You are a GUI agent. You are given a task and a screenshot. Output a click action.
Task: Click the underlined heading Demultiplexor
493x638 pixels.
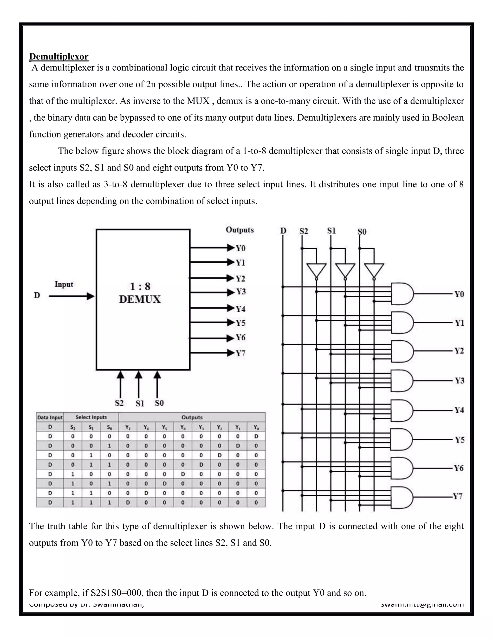click(x=59, y=56)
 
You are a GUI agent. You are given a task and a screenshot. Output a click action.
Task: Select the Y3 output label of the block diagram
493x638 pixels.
click(x=241, y=292)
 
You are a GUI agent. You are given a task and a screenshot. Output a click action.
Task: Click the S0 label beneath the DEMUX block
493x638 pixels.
click(x=159, y=403)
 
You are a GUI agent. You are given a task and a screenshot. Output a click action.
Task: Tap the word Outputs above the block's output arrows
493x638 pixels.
click(x=240, y=230)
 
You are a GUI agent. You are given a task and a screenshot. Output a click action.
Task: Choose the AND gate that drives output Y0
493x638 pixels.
click(x=402, y=293)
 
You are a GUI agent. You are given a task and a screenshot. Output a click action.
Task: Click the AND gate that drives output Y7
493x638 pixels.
click(x=402, y=497)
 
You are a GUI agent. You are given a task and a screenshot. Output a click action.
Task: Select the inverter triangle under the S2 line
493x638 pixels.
click(x=316, y=270)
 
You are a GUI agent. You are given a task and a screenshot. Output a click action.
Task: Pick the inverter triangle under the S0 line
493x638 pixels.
click(x=374, y=270)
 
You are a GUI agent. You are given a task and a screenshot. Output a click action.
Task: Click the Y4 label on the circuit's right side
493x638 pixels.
click(x=459, y=410)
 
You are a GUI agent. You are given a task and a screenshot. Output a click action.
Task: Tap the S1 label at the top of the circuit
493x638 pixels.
click(x=331, y=231)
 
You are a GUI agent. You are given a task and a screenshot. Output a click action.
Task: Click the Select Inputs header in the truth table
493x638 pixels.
click(x=91, y=417)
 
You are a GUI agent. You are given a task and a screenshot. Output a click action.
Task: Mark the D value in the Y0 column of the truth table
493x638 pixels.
click(x=256, y=436)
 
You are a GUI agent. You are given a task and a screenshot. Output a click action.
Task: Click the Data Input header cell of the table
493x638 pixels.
click(x=50, y=417)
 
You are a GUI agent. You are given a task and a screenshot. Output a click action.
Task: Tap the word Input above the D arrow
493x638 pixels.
click(x=64, y=284)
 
